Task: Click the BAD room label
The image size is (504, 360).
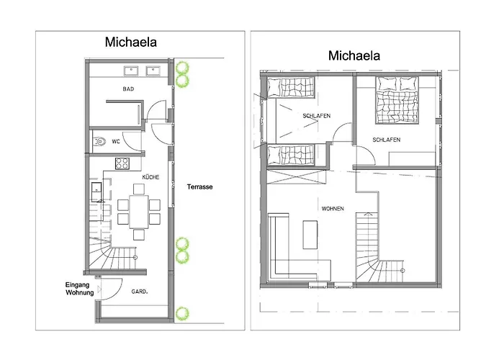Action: (128, 89)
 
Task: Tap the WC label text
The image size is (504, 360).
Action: (116, 141)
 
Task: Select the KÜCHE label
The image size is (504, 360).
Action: (150, 177)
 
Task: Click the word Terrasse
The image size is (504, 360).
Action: (199, 186)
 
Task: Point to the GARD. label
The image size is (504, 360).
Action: (140, 292)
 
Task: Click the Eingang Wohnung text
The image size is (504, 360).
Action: (79, 289)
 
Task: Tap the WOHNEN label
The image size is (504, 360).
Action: (333, 209)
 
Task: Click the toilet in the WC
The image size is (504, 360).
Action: (99, 141)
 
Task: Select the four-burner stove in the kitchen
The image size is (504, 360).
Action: (122, 163)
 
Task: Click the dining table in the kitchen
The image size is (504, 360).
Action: (139, 212)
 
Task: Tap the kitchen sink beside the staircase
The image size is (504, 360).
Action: (96, 192)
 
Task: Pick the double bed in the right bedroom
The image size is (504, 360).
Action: (397, 100)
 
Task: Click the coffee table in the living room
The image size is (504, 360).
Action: (310, 234)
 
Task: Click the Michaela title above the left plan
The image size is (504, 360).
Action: (131, 42)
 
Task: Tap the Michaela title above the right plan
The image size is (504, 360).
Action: (354, 55)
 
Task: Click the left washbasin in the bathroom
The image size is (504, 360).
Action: (131, 71)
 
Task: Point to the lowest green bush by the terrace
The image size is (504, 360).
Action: (182, 313)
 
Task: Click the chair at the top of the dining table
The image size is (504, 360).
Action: (139, 189)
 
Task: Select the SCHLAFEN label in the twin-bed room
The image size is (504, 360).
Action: (316, 116)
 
